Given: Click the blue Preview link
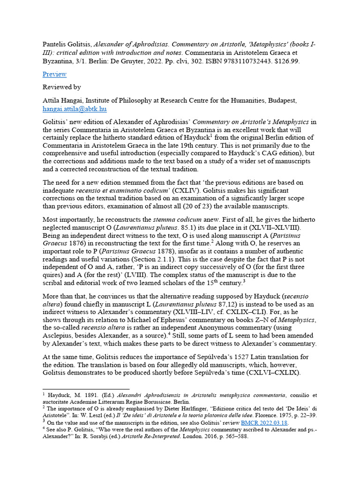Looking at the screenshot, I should tap(54, 74).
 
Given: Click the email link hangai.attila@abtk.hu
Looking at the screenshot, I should tap(75, 109).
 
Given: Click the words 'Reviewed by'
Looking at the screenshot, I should tap(61, 87).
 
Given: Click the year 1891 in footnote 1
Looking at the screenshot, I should tap(95, 395).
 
